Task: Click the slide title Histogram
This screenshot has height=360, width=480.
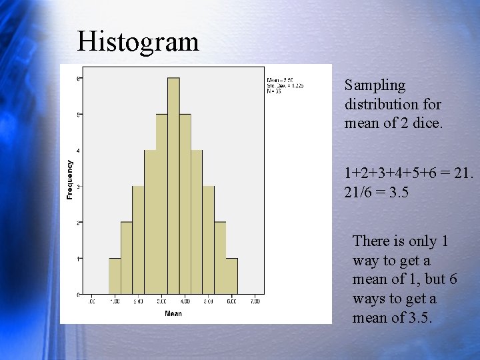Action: click(138, 41)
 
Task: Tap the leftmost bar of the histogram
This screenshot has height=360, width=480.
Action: click(115, 276)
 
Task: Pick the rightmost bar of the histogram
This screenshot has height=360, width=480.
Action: click(231, 276)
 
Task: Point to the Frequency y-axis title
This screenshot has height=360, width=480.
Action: click(69, 179)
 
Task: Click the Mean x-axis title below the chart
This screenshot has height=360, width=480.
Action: click(173, 313)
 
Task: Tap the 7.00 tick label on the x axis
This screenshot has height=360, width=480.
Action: click(255, 302)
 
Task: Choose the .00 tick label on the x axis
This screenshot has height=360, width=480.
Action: click(91, 302)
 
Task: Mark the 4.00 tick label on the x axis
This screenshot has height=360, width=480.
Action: click(185, 302)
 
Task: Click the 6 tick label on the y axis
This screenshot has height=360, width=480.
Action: click(79, 79)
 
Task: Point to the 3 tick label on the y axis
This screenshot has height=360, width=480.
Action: click(79, 187)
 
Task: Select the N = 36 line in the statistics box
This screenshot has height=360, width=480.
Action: click(274, 91)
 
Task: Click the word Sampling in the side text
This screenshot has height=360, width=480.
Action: click(375, 85)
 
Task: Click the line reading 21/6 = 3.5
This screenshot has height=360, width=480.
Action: click(377, 192)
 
